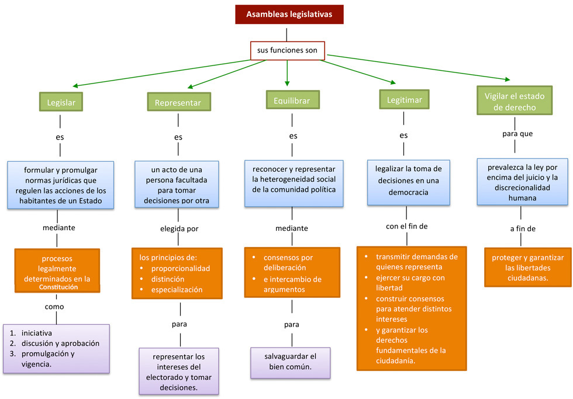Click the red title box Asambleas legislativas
click(289, 15)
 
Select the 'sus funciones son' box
click(286, 51)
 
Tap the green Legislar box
click(61, 102)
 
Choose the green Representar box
click(178, 103)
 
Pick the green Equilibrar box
click(292, 100)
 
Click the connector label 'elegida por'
click(179, 228)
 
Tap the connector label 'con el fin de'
click(406, 226)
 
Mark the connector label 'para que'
click(517, 134)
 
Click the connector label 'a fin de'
click(522, 228)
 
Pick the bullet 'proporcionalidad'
click(180, 268)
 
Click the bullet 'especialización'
click(177, 289)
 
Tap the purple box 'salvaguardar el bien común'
click(291, 362)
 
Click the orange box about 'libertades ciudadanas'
click(527, 268)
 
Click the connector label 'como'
click(54, 307)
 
